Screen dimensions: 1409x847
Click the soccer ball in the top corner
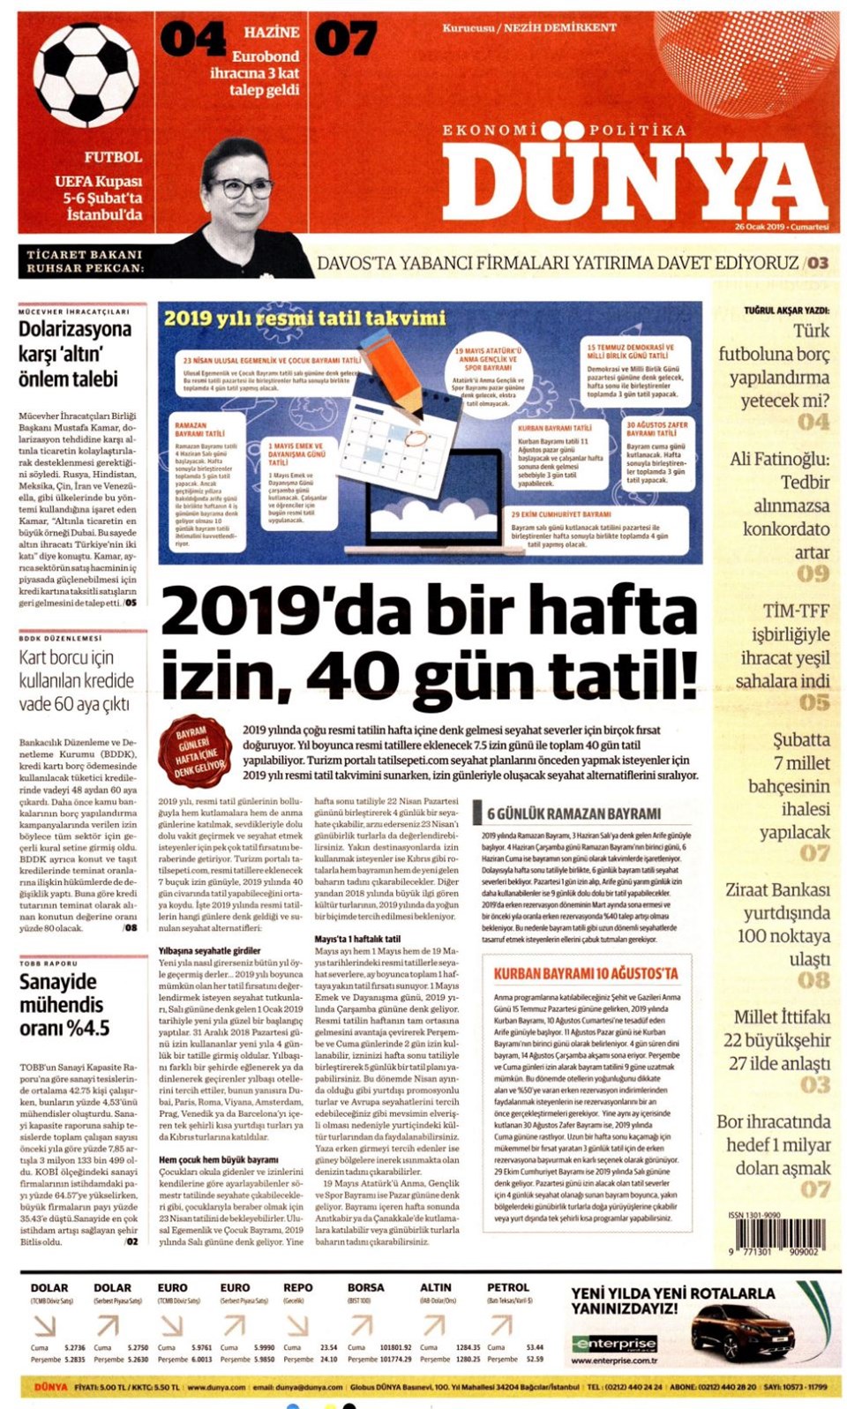[x=86, y=75]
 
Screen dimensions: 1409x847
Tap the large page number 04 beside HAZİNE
[x=193, y=40]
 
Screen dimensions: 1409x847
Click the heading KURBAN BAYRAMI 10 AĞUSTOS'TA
[x=586, y=973]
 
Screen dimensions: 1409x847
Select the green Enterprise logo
[x=614, y=1344]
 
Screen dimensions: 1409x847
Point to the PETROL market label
[x=508, y=1288]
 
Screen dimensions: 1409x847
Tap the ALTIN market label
[x=436, y=1288]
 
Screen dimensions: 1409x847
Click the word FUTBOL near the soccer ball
[x=113, y=157]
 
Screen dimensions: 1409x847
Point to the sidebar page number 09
[x=813, y=574]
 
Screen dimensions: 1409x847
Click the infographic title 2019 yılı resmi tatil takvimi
[x=304, y=318]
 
